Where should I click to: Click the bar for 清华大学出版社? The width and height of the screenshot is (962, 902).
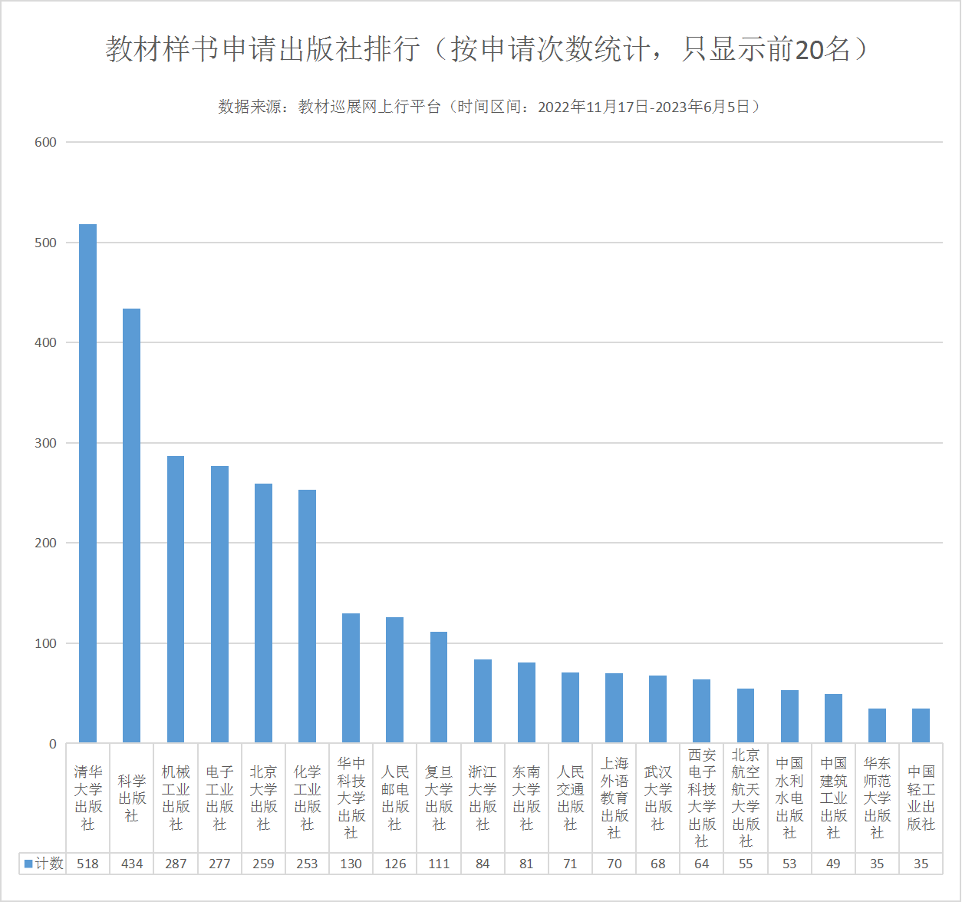(x=87, y=484)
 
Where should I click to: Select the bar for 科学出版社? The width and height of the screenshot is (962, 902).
(x=132, y=526)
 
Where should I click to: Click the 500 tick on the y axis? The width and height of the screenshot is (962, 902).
(x=46, y=243)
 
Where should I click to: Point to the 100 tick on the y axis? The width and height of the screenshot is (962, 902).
(x=46, y=643)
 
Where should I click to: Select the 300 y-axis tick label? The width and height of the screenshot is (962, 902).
(x=46, y=443)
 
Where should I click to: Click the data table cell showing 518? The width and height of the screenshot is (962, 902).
(x=87, y=864)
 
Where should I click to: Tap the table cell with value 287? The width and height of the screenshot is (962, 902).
(x=176, y=864)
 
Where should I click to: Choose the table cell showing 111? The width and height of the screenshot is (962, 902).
(x=439, y=864)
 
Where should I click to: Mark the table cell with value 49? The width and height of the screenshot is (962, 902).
(x=833, y=864)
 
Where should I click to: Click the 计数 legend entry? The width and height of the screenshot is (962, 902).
(x=44, y=864)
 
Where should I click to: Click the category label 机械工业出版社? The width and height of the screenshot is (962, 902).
(x=176, y=798)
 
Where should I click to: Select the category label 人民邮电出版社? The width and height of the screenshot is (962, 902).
(x=394, y=798)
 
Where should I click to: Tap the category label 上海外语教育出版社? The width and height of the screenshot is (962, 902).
(x=614, y=798)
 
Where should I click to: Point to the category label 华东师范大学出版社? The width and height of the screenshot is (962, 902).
(x=877, y=798)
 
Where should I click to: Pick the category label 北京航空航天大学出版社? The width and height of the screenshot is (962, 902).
(x=746, y=798)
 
